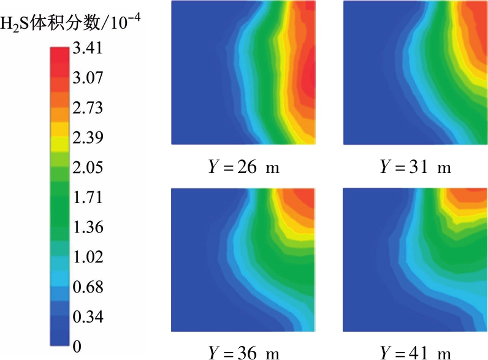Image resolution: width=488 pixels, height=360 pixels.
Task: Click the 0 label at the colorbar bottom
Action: pos(77,347)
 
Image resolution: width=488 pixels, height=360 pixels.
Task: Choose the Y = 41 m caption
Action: pos(415,352)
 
